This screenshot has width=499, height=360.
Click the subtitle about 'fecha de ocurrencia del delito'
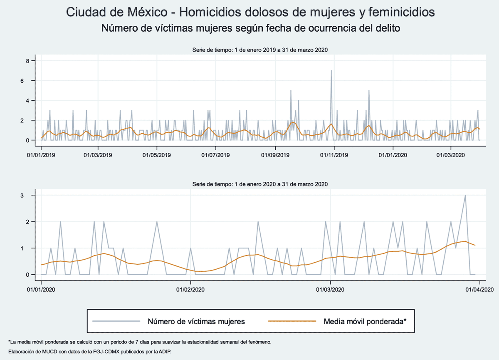point(251,29)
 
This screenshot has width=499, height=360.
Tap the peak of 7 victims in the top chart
point(331,71)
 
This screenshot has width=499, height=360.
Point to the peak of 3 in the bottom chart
point(465,195)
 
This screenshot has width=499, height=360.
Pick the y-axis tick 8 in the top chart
point(28,61)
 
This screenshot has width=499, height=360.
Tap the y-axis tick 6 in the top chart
point(28,81)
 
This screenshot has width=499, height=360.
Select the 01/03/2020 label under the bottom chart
point(330,290)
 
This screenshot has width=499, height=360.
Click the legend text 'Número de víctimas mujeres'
point(196,321)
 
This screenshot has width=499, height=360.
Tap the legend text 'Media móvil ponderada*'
point(365,321)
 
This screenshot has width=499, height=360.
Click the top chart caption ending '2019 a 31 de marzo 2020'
point(260,50)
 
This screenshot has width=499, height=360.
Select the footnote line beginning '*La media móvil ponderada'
point(140,342)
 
